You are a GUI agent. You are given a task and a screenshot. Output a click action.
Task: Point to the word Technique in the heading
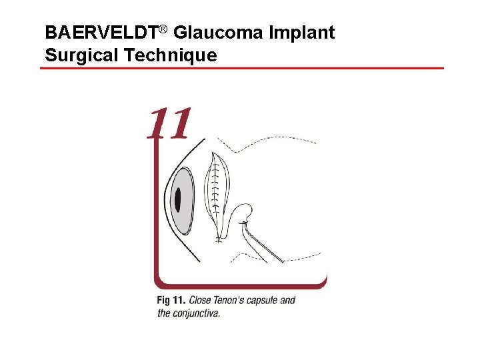click(x=171, y=55)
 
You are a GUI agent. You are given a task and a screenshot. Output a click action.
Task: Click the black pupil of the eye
click(x=179, y=199)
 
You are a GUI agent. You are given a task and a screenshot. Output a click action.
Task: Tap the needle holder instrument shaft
click(x=263, y=245)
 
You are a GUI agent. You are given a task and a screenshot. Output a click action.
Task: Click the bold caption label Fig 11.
click(x=171, y=300)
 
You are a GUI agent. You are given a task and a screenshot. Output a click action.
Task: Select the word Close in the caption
click(x=202, y=300)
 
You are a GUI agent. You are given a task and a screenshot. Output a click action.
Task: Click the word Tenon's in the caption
click(x=234, y=300)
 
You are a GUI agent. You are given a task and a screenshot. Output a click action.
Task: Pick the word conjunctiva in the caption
click(x=197, y=312)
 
